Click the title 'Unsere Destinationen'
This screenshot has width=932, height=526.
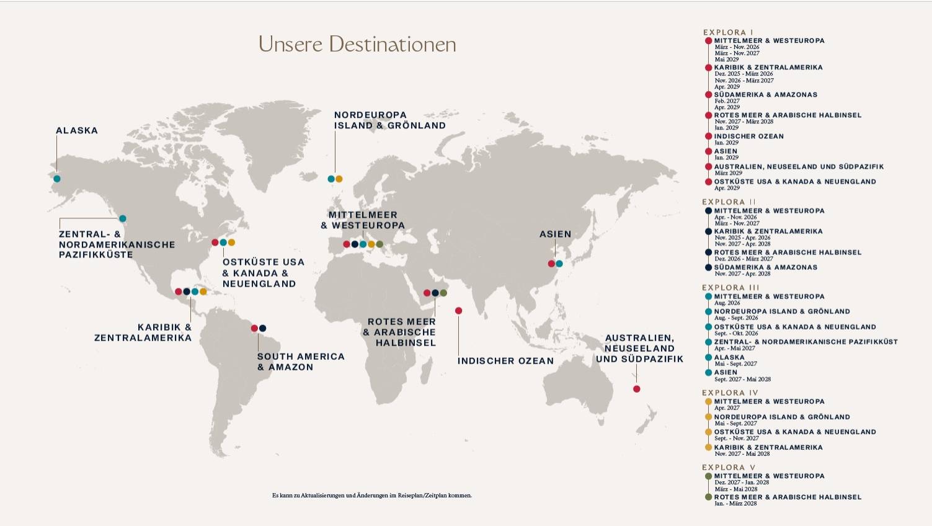(x=357, y=45)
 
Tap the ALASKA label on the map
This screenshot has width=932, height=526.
(x=77, y=131)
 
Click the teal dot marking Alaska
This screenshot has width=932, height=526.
(x=57, y=179)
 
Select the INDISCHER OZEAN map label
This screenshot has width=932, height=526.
(x=505, y=361)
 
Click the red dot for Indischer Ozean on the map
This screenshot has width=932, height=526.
(x=458, y=311)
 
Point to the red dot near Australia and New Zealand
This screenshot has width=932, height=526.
(x=636, y=389)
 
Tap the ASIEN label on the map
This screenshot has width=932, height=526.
(x=555, y=234)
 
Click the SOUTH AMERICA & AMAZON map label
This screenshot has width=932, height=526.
(x=301, y=362)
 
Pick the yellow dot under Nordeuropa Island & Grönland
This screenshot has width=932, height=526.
(x=339, y=179)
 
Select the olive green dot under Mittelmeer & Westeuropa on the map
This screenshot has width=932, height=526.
(x=379, y=244)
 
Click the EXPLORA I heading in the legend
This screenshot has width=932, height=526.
(x=728, y=32)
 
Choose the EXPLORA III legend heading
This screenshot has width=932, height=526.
(x=730, y=288)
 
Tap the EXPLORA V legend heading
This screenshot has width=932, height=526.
(x=729, y=468)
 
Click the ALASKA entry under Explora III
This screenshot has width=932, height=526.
(x=729, y=357)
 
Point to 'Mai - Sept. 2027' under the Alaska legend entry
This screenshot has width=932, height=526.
(x=735, y=364)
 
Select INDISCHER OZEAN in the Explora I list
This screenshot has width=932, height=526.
(x=748, y=136)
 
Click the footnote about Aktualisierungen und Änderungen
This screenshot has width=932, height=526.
(x=371, y=496)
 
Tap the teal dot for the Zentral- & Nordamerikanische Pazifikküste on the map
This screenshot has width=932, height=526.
(x=123, y=218)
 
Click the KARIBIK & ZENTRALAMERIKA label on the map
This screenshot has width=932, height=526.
(x=143, y=332)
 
